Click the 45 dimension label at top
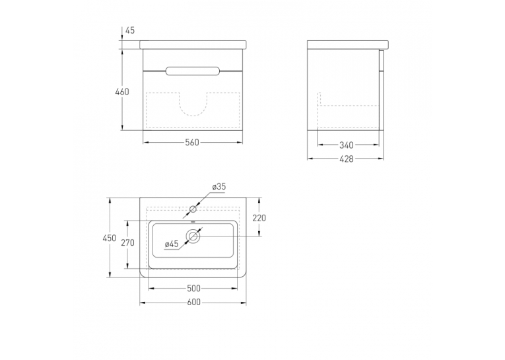point(130,30)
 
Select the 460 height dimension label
point(122,92)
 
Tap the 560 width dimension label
point(192,143)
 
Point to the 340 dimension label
point(347,145)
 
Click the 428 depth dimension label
point(347,159)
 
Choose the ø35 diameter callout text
point(219,187)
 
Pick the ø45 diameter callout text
point(172,244)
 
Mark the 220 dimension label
point(259,218)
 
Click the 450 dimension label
point(109,238)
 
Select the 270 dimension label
point(127,242)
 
